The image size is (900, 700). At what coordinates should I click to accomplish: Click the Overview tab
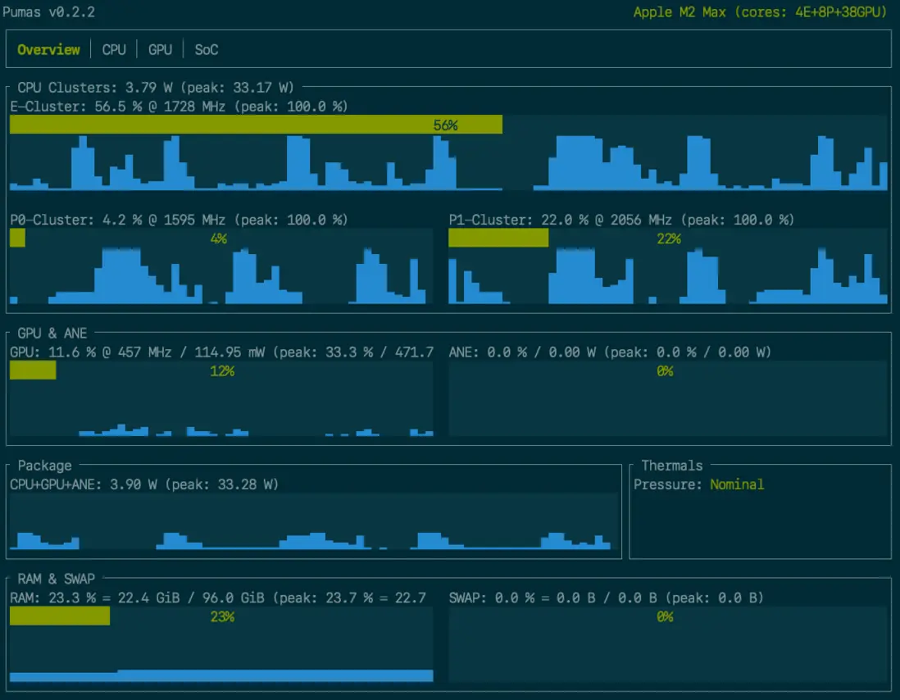point(48,50)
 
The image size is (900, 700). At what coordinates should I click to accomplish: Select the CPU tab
point(114,50)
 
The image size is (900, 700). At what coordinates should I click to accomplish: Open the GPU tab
point(160,50)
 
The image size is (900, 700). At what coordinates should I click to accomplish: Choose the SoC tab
point(207,50)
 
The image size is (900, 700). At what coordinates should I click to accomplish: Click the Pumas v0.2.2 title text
point(48,12)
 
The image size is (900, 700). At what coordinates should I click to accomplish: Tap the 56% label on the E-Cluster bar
point(445,125)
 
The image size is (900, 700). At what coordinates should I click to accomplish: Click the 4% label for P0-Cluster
point(218,239)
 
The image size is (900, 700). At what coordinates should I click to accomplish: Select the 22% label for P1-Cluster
point(669,239)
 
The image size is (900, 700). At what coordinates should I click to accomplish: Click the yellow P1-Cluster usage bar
point(498,238)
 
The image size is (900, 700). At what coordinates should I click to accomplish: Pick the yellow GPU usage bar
point(33,370)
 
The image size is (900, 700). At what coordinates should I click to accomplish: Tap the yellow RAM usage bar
point(60,616)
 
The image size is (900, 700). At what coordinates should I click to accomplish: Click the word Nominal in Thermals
point(737,484)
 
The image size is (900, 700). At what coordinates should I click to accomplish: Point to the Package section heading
point(44,466)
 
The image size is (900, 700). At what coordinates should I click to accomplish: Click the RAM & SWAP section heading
point(56,579)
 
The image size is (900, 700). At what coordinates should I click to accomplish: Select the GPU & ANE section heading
point(52,333)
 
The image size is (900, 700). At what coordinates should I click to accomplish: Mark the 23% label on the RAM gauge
point(222,616)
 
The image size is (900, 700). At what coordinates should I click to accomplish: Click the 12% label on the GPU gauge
point(222,371)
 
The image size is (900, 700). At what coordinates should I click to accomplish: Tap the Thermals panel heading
point(671,466)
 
